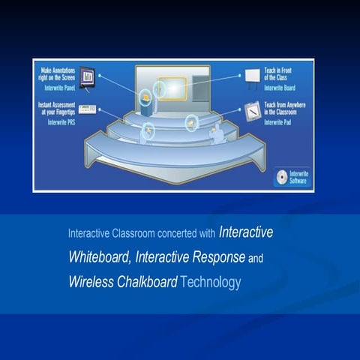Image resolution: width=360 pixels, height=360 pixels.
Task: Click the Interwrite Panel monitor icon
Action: (88, 76)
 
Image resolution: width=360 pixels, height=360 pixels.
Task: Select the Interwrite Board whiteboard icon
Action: (252, 76)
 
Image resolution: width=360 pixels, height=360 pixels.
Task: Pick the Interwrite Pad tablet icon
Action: (252, 109)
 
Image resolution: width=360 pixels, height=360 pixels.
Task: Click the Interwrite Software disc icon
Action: (280, 177)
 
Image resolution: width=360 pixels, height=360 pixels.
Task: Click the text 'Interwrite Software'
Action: (298, 177)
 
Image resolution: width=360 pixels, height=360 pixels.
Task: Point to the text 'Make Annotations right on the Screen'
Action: (57, 74)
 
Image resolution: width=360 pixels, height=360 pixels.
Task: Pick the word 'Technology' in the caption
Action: (211, 283)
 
